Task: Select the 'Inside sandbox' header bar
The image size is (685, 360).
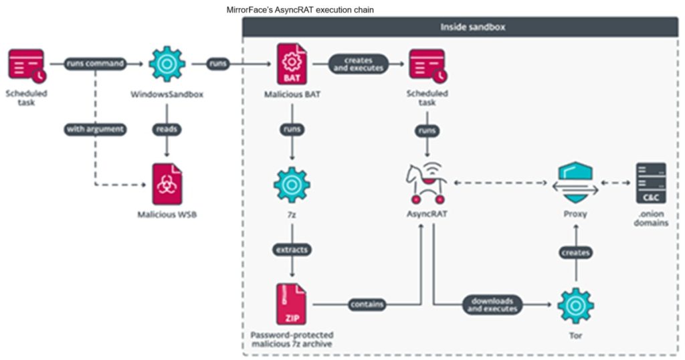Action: point(464,27)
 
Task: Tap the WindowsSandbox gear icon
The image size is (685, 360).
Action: point(167,64)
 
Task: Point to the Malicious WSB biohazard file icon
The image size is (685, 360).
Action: point(167,183)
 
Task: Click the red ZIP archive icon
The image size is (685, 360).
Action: point(292,304)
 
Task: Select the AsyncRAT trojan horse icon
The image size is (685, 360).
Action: point(427,183)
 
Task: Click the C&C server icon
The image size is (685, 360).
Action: point(651,183)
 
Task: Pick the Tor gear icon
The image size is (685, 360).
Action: point(576,304)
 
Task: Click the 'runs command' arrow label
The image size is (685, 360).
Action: point(95,64)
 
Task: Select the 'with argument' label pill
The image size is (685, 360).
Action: point(95,128)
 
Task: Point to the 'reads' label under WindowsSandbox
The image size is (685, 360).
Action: point(167,128)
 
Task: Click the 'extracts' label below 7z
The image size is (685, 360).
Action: point(292,249)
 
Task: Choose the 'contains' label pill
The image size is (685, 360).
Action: point(367,304)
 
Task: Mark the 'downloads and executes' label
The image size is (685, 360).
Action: point(492,304)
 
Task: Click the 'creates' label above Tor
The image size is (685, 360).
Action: point(576,253)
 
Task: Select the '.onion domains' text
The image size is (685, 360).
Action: point(651,218)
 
